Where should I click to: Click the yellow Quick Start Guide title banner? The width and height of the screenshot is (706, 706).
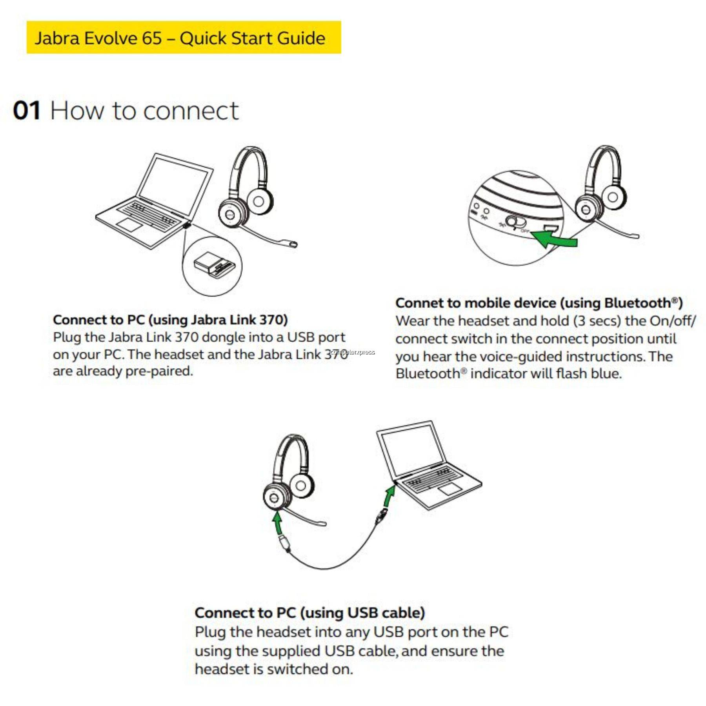[184, 38]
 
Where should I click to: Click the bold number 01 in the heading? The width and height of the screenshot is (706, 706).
[27, 111]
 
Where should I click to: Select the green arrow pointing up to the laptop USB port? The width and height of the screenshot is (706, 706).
[389, 497]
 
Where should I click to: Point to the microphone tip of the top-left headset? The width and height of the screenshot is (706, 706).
[293, 244]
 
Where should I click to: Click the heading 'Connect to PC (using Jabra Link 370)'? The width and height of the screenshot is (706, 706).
[170, 320]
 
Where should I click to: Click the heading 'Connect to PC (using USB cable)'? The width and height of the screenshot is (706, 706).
[309, 613]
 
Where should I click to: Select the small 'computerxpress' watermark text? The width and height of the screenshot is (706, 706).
[353, 352]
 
